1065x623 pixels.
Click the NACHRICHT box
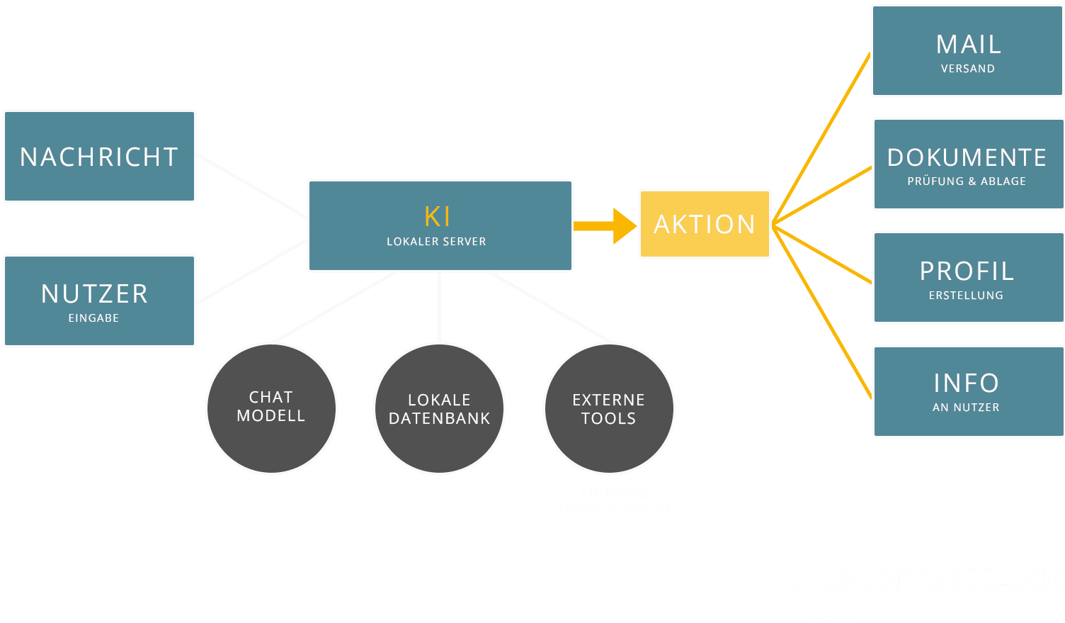(x=99, y=157)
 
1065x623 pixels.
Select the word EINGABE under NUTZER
(x=93, y=318)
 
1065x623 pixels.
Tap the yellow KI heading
(x=438, y=216)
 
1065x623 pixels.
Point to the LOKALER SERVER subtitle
(x=436, y=242)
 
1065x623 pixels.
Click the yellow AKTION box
(x=705, y=224)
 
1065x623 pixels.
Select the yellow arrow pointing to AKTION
(x=605, y=226)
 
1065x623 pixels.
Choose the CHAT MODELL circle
(x=271, y=408)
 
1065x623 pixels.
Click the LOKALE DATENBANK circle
(x=439, y=409)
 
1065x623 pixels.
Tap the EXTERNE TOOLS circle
(x=609, y=409)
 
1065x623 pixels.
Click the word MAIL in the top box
(x=968, y=45)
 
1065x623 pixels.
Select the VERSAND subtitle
(x=967, y=69)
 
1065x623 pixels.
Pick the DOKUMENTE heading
(x=967, y=157)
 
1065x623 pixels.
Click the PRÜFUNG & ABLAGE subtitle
(x=967, y=181)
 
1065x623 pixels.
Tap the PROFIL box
(x=967, y=278)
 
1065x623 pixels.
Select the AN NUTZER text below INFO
(x=966, y=408)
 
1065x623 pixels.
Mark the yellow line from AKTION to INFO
(x=821, y=312)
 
